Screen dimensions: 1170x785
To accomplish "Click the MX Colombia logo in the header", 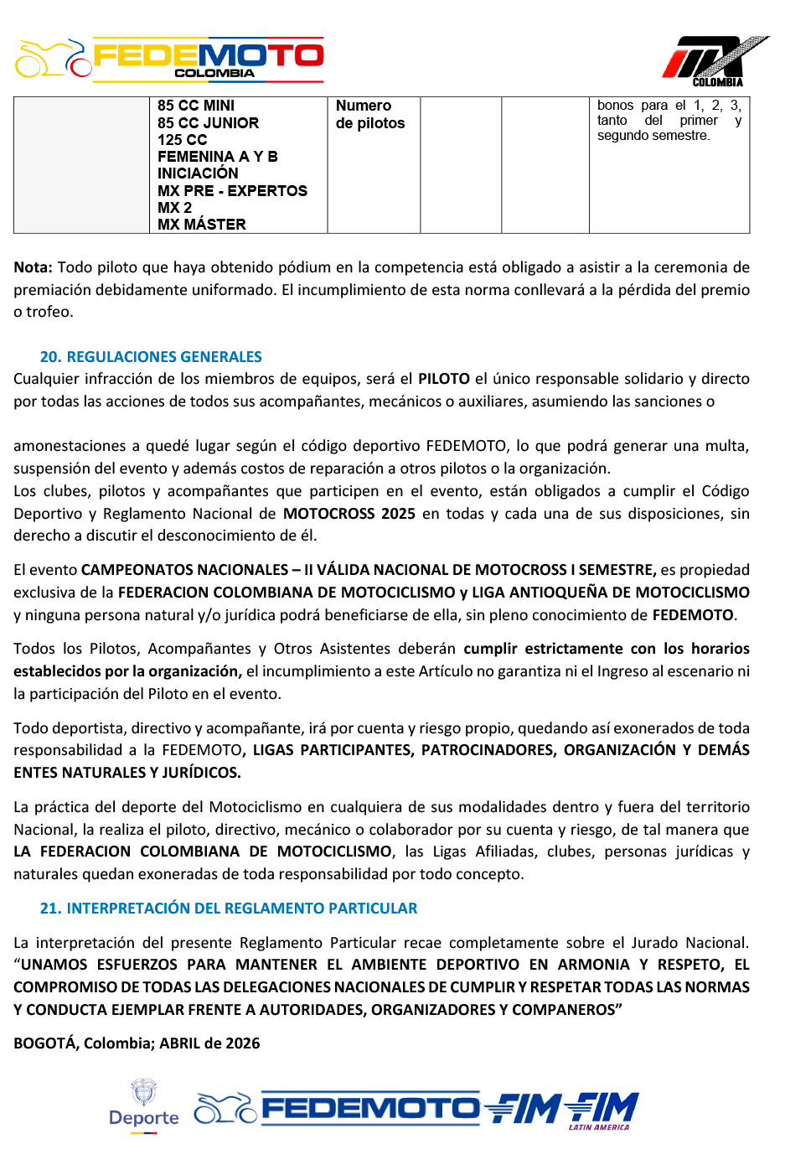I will tap(714, 61).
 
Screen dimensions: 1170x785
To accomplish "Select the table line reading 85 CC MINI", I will tap(196, 106).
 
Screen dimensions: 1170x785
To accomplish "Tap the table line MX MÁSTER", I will tap(202, 225).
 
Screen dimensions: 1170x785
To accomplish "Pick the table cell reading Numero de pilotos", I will tap(370, 115).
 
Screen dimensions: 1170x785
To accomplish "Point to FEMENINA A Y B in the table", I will tap(218, 157).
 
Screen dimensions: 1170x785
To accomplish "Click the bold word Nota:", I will tap(33, 267).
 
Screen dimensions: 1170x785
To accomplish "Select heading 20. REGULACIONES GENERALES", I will tap(151, 357).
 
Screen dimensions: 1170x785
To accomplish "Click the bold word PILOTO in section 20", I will tap(444, 379).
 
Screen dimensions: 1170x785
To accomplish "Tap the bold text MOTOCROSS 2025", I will tap(349, 514).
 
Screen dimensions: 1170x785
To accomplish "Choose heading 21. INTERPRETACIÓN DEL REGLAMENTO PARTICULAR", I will tap(229, 909).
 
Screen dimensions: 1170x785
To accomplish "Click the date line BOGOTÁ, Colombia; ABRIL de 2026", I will tap(137, 1043).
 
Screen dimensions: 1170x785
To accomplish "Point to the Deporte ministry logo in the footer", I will tap(144, 1106).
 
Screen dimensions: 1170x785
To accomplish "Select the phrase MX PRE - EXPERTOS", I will tap(233, 191).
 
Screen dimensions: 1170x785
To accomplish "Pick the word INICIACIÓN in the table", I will tap(198, 173).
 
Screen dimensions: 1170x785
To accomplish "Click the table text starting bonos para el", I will tap(669, 120).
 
